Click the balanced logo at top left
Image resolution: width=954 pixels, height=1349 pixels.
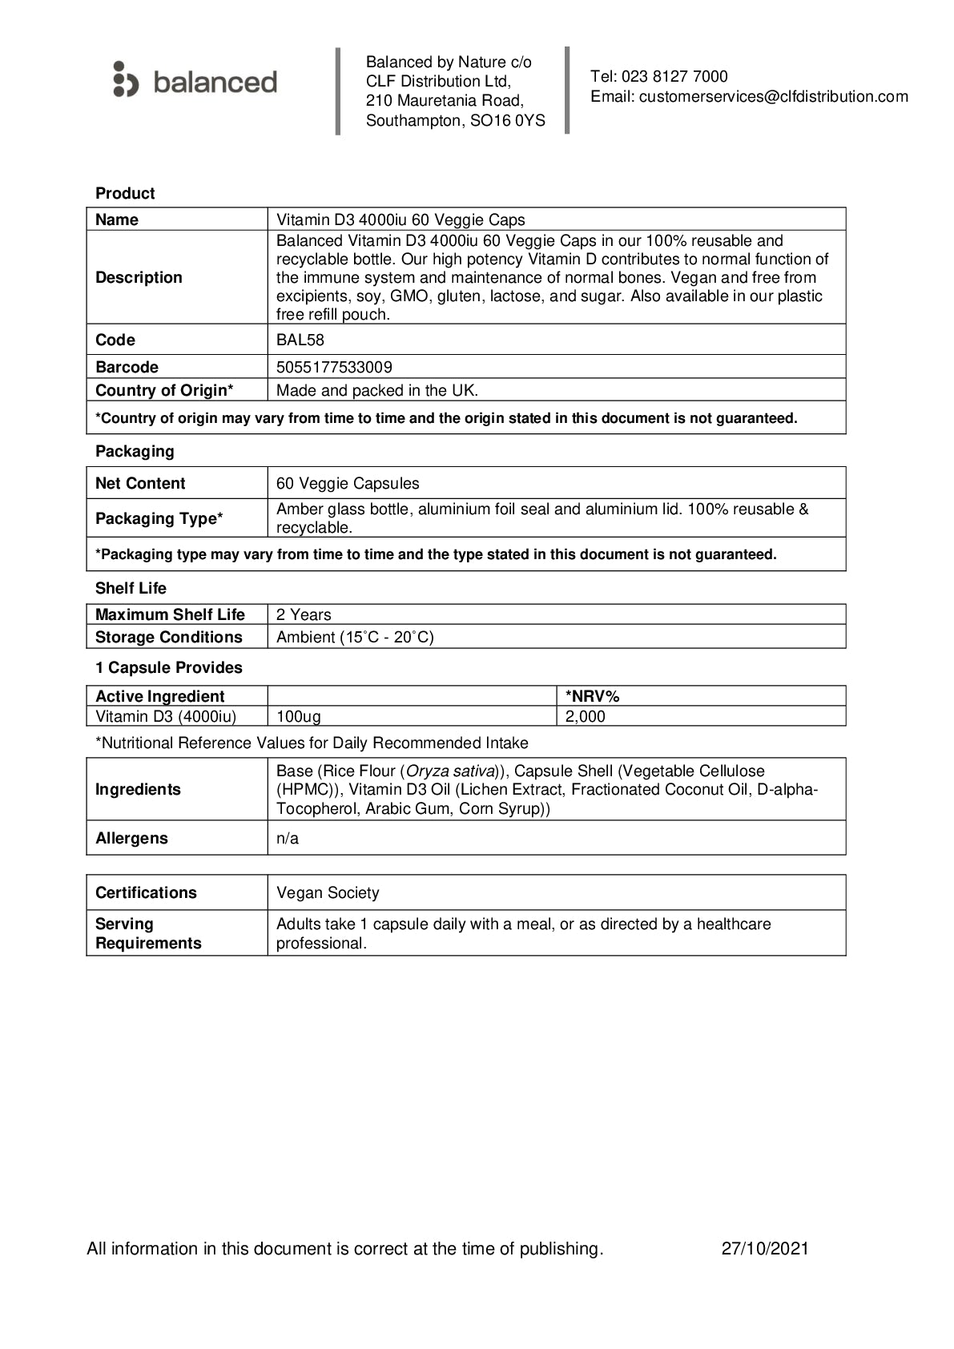tap(195, 81)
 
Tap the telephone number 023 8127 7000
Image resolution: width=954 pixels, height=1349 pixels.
tap(674, 77)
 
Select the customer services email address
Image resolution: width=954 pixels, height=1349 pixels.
tap(773, 97)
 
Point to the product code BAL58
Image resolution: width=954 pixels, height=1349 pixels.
tap(300, 340)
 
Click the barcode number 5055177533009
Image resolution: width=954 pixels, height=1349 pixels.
tap(334, 367)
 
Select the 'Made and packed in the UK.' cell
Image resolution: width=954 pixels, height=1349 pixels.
tap(376, 390)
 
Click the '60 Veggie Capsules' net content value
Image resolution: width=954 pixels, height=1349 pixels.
tap(348, 483)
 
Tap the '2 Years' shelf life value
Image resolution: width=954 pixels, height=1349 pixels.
tap(304, 614)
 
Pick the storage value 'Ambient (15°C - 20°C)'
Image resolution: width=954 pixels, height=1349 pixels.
tap(355, 637)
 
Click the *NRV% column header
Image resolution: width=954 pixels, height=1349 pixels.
tap(593, 696)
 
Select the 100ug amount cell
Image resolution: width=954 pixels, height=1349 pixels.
tap(299, 716)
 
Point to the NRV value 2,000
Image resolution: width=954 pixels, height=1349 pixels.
tap(586, 716)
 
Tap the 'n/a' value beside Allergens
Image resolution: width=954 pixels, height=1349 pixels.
tap(288, 838)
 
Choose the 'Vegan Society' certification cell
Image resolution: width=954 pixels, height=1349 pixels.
tap(328, 892)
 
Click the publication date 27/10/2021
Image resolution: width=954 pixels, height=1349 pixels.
tap(765, 1248)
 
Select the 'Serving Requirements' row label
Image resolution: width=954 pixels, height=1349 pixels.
tap(148, 933)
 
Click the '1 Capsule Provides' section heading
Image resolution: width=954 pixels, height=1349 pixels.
tap(169, 667)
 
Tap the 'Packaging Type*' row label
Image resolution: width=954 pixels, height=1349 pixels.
tap(159, 518)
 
